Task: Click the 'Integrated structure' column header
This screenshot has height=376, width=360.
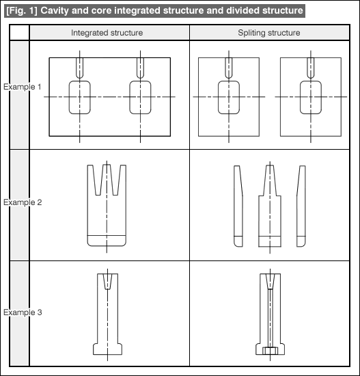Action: [107, 33]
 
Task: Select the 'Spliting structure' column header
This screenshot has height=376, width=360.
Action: [269, 33]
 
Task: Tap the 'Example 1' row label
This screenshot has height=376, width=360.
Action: [23, 87]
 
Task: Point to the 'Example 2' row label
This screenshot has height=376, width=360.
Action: [23, 202]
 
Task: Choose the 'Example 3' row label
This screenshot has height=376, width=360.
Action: [23, 312]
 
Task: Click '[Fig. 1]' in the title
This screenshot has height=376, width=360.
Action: [22, 10]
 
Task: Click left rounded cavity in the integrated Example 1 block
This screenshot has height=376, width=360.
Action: [69, 97]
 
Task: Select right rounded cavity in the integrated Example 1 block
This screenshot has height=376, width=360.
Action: [130, 97]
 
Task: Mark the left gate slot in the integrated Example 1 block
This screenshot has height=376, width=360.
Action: [77, 68]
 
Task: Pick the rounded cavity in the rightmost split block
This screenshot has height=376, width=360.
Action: [301, 97]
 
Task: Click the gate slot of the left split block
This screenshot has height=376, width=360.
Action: [226, 68]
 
